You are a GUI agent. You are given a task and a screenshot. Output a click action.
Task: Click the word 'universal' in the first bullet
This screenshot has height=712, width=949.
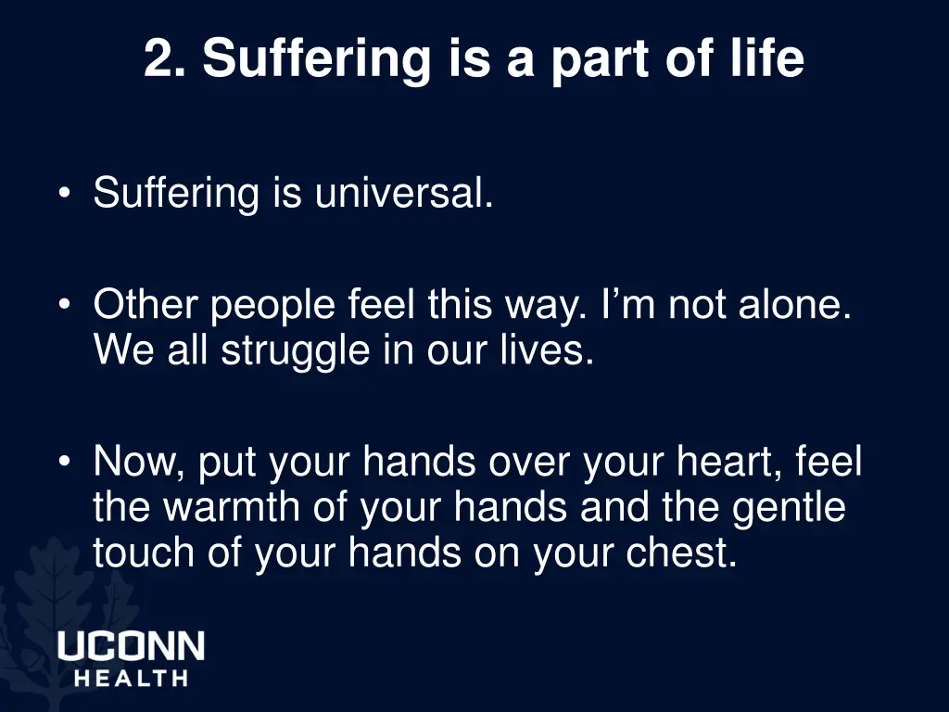click(x=399, y=193)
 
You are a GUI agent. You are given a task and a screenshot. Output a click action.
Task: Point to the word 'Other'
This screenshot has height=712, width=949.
click(x=146, y=305)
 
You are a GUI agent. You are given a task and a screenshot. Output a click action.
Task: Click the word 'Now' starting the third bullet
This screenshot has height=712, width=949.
click(x=140, y=461)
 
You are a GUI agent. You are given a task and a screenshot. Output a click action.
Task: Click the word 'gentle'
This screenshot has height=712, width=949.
click(x=788, y=508)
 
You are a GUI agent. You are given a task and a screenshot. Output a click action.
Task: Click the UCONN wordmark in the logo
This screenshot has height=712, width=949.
click(x=131, y=645)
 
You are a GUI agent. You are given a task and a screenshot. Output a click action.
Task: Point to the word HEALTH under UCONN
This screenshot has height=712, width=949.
click(x=131, y=678)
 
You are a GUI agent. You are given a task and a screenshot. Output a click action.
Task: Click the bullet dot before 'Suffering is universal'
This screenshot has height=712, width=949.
click(x=64, y=194)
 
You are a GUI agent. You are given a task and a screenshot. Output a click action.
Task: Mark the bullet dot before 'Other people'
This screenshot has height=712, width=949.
click(x=64, y=306)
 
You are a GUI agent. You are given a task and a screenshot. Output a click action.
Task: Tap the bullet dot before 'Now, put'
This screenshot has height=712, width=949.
click(x=64, y=462)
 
